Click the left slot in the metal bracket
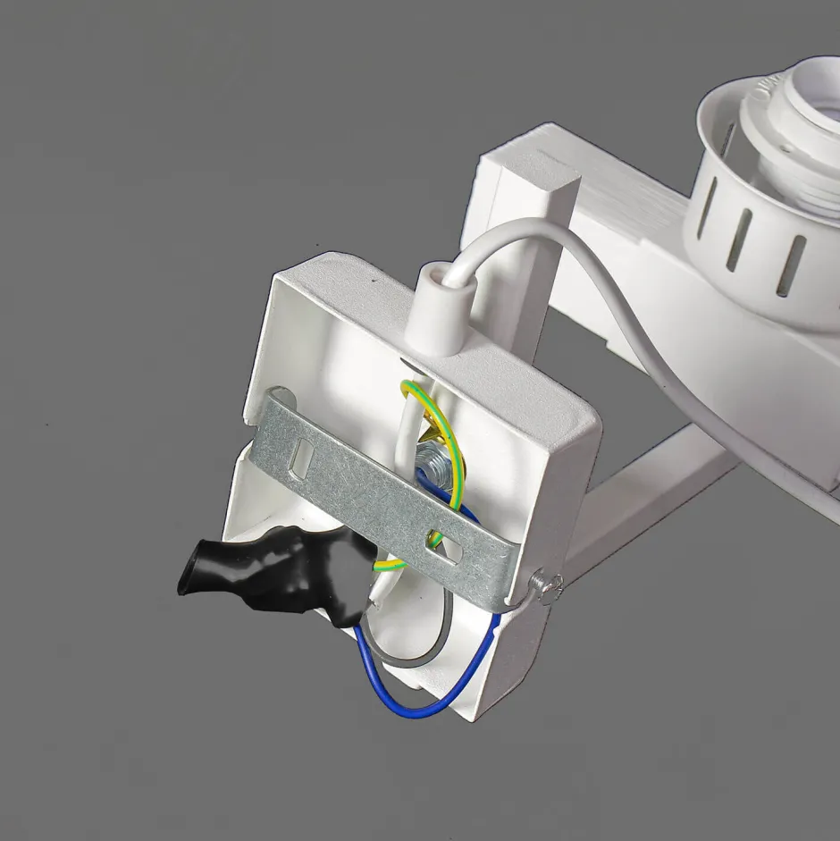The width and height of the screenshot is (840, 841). (301, 459)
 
